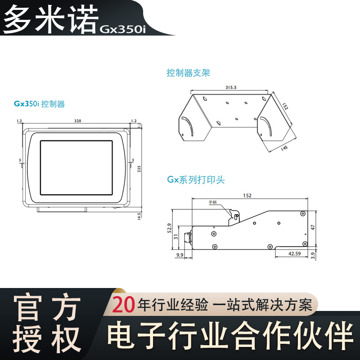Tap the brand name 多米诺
coord(50,18)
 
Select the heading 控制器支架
coord(188,72)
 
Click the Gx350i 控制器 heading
coord(39,104)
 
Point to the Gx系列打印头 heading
coord(196,180)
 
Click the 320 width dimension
coord(77,121)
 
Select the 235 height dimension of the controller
coord(139,168)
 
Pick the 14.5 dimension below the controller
coord(139,216)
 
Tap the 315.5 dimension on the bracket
coord(231,87)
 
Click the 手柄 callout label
coord(212,202)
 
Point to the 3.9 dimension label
coord(313,255)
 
